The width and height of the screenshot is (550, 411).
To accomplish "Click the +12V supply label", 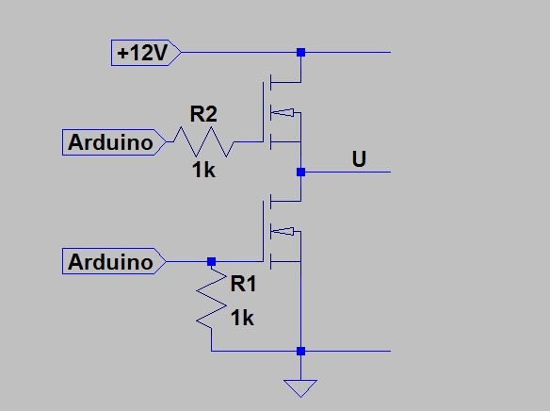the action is [146, 53].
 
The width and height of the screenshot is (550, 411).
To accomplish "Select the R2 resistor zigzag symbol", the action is [203, 141].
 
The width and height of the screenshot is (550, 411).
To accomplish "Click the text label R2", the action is [203, 114].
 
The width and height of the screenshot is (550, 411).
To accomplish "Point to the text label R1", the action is [243, 283].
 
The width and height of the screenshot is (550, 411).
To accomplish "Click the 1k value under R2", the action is [203, 171].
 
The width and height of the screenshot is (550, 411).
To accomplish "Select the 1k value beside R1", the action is [242, 319].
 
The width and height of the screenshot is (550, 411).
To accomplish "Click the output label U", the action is [359, 158].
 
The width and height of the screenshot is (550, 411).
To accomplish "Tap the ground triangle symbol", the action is [300, 388].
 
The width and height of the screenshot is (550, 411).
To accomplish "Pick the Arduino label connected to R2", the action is [114, 142].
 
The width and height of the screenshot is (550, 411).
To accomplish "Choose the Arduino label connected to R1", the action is [114, 261].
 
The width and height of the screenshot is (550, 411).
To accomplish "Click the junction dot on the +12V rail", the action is [300, 52].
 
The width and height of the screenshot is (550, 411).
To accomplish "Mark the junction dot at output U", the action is [300, 172].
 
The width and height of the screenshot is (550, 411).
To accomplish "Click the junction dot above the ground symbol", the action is [300, 351].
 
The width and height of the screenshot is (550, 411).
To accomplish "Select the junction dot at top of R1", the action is [211, 261].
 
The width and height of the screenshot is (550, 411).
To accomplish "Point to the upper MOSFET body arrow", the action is [283, 112].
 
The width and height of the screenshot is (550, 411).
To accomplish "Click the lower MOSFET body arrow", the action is [283, 231].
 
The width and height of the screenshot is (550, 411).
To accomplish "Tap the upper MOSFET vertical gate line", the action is [263, 112].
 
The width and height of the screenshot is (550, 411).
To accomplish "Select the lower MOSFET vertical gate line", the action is [263, 231].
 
